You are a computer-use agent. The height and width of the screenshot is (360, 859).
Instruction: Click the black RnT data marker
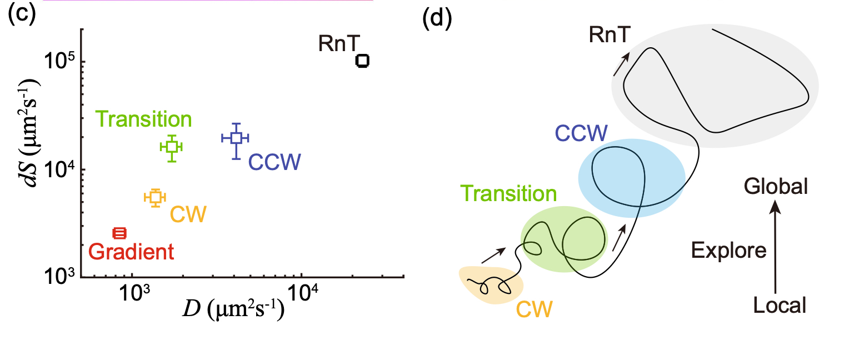click(362, 61)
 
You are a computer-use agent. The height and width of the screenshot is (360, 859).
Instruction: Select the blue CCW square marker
click(236, 137)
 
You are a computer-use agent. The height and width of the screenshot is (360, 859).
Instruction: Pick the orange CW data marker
click(155, 197)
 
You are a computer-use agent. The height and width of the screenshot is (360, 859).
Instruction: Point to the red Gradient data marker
click(120, 233)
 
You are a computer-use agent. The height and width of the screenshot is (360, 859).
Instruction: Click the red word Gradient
click(132, 252)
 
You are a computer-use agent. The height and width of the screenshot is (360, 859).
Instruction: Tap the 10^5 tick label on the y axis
click(59, 62)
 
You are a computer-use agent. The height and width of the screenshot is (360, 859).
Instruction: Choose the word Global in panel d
click(777, 186)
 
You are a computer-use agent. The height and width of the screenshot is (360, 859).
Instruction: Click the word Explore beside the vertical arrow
click(729, 251)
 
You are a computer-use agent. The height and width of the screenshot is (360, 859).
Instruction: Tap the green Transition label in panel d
click(508, 193)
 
